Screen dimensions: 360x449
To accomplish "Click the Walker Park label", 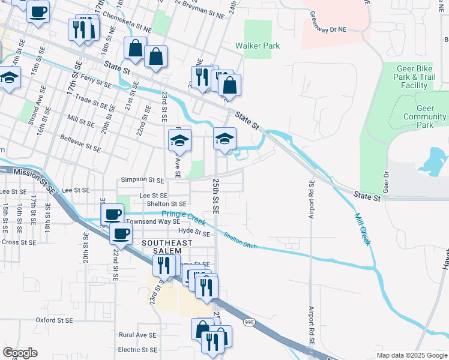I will tap(258, 46).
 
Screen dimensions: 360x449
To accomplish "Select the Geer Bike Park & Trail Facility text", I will tap(414, 77).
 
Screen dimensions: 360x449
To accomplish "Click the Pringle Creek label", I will tap(180, 215).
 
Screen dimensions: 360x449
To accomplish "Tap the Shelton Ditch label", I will tap(240, 238).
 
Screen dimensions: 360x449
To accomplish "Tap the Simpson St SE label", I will tap(142, 179).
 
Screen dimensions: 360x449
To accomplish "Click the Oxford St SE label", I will tap(55, 320).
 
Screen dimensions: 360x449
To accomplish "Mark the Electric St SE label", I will tap(137, 349).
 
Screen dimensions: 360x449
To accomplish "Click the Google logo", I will tap(20, 353).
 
